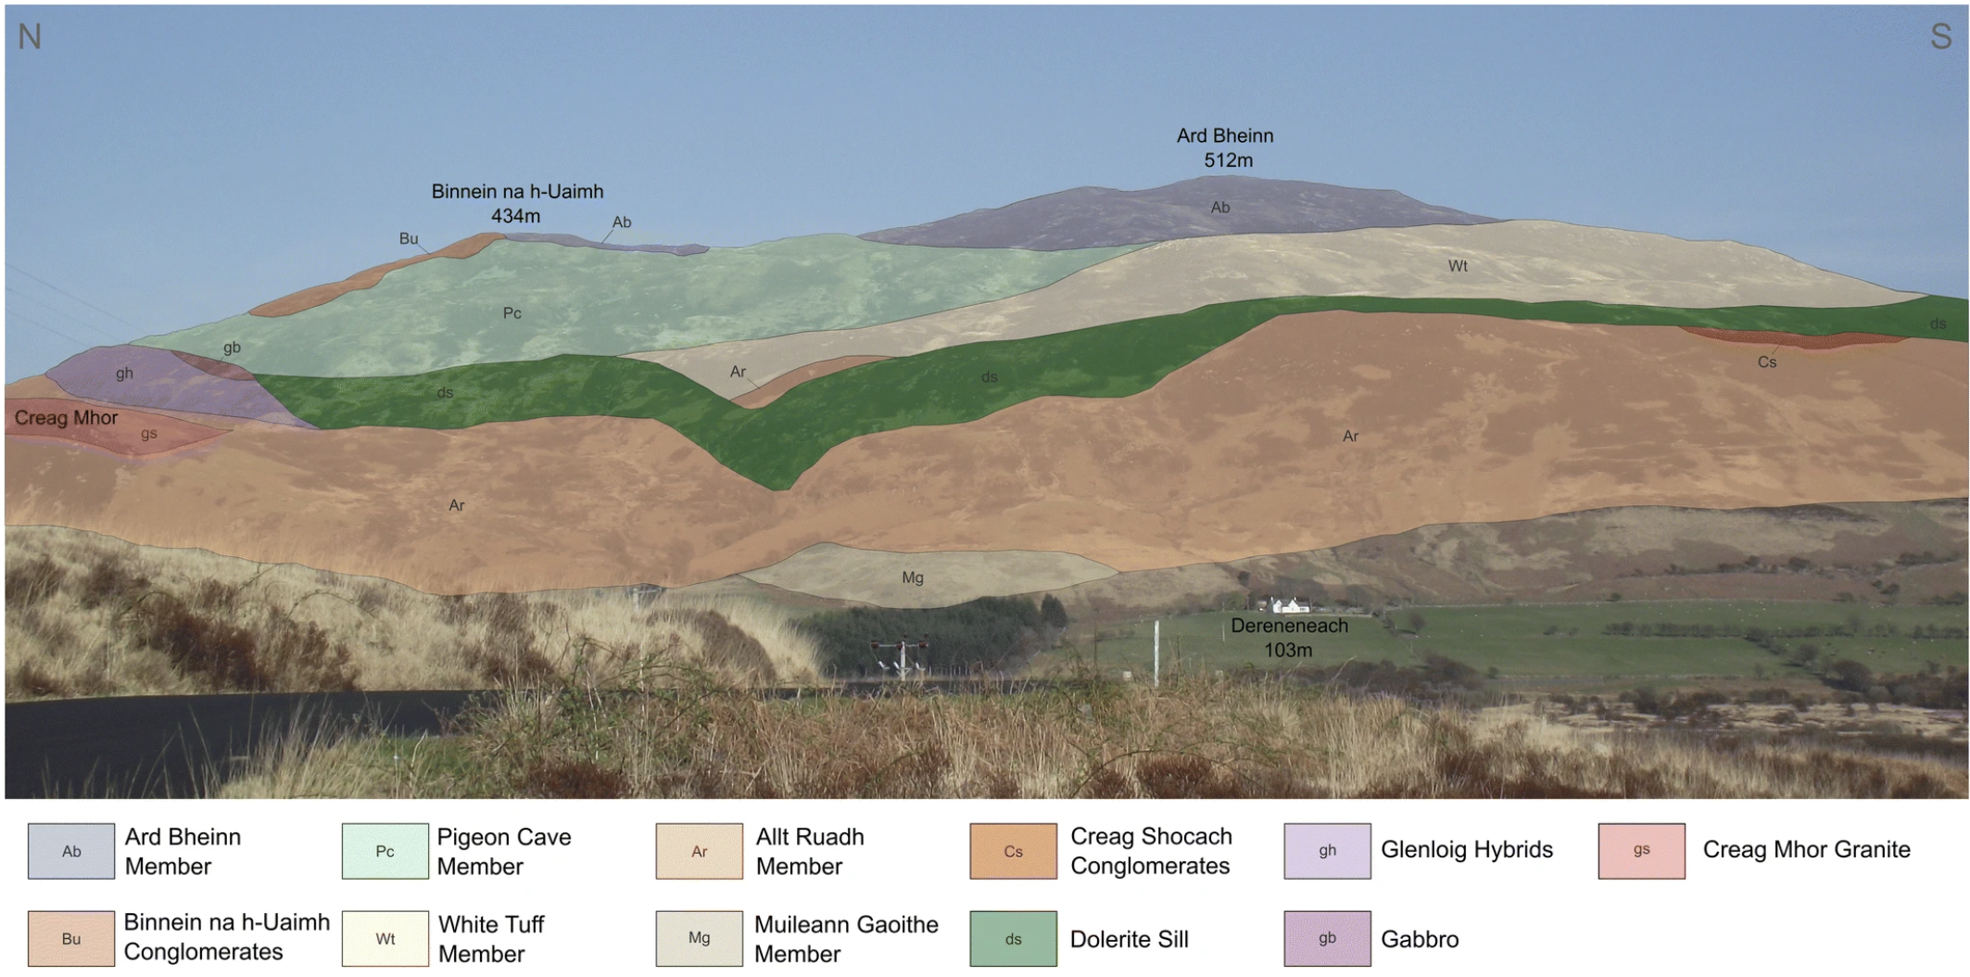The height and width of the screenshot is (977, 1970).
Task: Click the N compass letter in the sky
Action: (x=30, y=37)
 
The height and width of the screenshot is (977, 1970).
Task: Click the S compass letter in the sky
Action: (x=1940, y=37)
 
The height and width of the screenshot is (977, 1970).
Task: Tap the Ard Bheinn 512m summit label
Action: (x=1226, y=148)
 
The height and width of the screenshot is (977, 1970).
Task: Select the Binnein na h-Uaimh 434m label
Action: (x=517, y=204)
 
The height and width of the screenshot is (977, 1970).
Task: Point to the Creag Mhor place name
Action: (x=66, y=418)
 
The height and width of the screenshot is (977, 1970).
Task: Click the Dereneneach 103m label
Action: (x=1289, y=638)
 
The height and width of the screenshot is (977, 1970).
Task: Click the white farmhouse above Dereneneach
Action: (x=1289, y=605)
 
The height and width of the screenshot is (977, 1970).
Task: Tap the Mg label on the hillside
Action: (x=913, y=577)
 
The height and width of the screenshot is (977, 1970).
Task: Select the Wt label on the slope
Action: (x=1458, y=266)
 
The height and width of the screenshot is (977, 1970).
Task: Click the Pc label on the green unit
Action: (x=511, y=313)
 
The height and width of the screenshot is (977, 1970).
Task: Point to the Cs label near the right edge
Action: (x=1767, y=362)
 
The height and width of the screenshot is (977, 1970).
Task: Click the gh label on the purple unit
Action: (x=124, y=374)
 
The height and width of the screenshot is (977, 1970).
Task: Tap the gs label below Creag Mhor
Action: (x=148, y=433)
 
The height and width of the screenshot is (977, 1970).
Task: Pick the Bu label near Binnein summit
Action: (x=409, y=238)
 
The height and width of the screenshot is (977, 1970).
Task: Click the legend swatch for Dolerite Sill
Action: (x=1013, y=939)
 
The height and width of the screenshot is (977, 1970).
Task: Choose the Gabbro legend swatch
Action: (x=1327, y=939)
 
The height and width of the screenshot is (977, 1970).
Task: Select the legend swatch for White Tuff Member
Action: (x=385, y=939)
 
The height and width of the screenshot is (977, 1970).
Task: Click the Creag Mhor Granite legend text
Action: (x=1806, y=850)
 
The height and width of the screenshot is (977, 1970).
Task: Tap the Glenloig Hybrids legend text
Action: (x=1467, y=850)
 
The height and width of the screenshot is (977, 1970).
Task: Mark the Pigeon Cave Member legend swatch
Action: (x=385, y=851)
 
